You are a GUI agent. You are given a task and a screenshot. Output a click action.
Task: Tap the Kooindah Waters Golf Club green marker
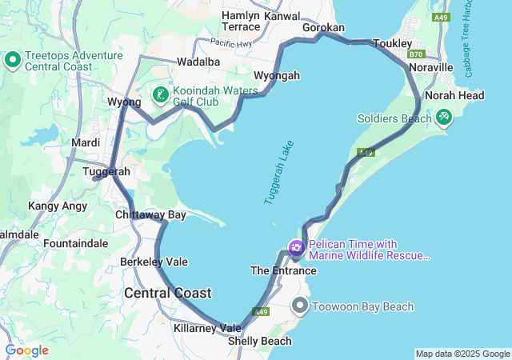point(160,96)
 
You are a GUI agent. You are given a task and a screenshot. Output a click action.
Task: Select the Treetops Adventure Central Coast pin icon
point(13,60)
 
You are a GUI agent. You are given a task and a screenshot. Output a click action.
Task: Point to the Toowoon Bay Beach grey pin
point(301,306)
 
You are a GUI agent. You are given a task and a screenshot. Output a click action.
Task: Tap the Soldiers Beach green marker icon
point(444,118)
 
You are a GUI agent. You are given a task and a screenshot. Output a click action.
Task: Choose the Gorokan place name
point(323,27)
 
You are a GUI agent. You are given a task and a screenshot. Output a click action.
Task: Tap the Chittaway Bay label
point(150,215)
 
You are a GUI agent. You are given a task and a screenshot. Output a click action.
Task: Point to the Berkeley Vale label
point(154,262)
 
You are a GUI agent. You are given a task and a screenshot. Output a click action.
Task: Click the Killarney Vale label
point(207,328)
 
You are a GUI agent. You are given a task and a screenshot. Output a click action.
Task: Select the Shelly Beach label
point(260,342)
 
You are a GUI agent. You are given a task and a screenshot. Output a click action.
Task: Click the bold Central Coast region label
point(168,294)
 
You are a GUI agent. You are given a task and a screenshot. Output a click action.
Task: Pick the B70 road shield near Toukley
point(414,54)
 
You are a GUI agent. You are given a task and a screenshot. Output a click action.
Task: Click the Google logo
point(26,350)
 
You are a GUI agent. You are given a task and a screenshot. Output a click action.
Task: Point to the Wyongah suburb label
point(277,75)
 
